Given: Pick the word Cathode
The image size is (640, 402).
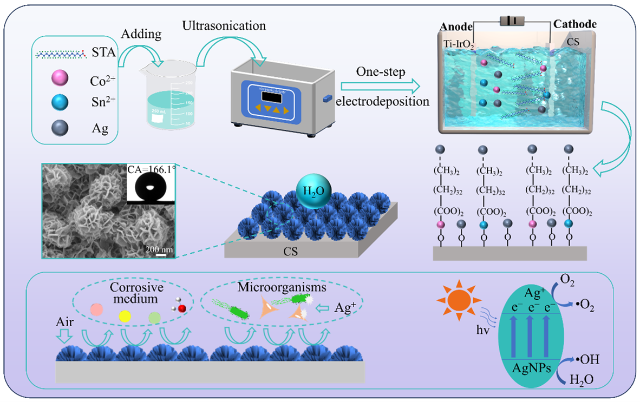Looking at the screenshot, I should (576, 24).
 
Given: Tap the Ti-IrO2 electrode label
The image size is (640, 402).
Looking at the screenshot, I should (458, 46).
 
